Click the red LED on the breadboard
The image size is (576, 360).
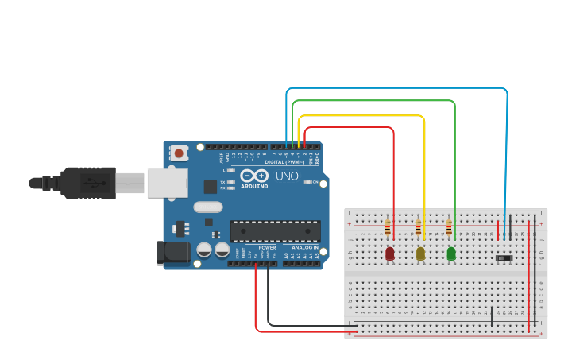click(x=389, y=254)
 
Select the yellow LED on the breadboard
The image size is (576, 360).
click(x=420, y=254)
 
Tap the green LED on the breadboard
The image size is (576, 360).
click(x=451, y=254)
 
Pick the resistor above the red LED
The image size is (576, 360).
click(x=387, y=229)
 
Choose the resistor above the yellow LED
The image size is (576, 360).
click(x=418, y=229)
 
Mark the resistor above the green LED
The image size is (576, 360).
click(x=449, y=229)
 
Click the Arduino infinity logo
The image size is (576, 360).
click(x=254, y=176)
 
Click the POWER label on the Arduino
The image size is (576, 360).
click(x=267, y=247)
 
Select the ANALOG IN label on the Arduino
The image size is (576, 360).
click(x=304, y=247)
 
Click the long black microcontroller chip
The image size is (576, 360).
click(x=275, y=230)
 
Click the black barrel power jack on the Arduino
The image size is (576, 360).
click(x=173, y=253)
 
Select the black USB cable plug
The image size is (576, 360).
click(x=87, y=182)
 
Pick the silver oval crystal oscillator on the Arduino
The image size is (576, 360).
click(x=207, y=207)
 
